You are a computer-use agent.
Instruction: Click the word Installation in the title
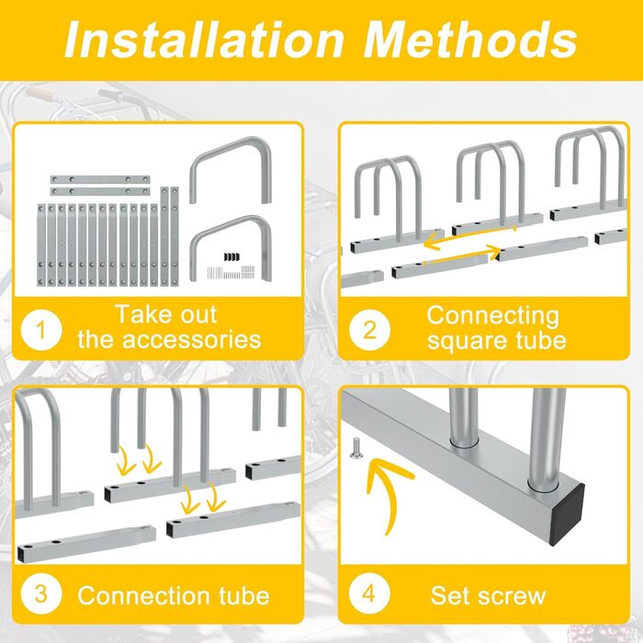tap(204, 39)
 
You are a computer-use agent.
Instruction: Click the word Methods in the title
tap(470, 39)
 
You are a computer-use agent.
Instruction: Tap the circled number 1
tap(41, 330)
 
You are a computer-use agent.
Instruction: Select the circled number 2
tap(370, 330)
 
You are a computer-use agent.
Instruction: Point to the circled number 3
tap(41, 593)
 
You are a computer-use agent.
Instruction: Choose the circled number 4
tap(369, 593)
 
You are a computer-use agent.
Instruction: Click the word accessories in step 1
tap(191, 340)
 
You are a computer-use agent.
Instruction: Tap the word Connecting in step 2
tap(493, 317)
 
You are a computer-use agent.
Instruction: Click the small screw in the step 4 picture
tap(355, 448)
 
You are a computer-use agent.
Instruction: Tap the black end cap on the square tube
tap(567, 514)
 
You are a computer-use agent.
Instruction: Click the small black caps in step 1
tap(231, 257)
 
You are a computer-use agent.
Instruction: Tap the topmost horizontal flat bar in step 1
tap(100, 180)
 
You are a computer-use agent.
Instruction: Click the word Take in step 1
tap(139, 314)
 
